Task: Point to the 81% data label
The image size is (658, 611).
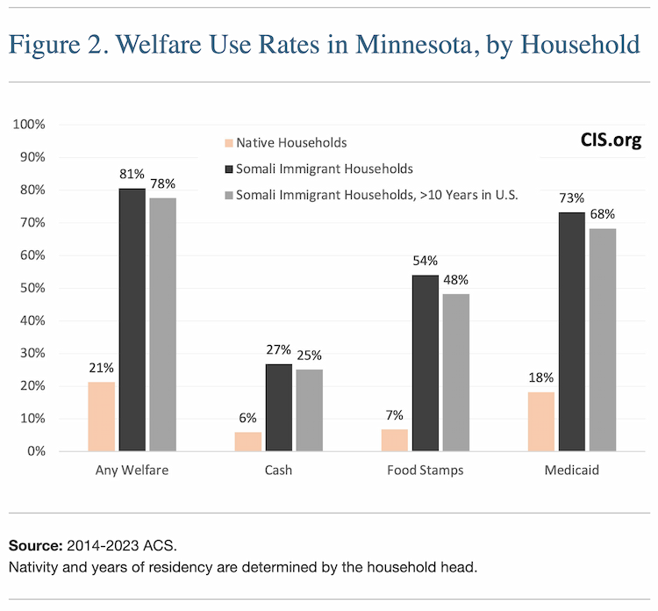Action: tap(132, 174)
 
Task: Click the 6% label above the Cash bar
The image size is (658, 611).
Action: tap(248, 418)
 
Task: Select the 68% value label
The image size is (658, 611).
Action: tap(602, 213)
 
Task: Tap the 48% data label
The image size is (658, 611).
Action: tap(456, 279)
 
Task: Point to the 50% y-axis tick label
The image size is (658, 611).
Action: tap(32, 288)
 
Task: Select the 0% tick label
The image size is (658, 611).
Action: tap(35, 451)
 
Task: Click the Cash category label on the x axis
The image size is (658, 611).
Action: tap(278, 471)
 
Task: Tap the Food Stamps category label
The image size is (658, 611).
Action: tap(426, 471)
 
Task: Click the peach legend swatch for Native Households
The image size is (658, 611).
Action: tap(230, 142)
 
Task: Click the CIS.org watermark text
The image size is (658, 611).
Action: tap(611, 140)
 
